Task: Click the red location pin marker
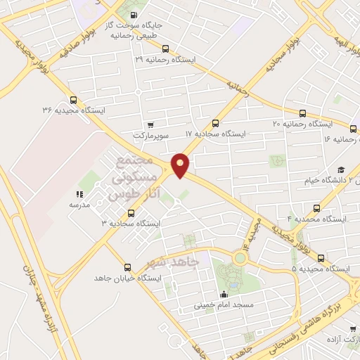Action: pos(181,165)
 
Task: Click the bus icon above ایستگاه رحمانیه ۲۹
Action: pos(165,49)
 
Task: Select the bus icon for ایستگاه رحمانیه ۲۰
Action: pos(303,112)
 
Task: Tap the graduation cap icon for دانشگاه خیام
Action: pos(341,169)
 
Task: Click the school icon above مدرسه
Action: pos(79,194)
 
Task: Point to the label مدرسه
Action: pos(79,205)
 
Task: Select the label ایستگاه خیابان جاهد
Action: pos(128,278)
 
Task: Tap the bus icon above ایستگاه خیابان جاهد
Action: pos(127,267)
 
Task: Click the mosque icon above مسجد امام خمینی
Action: pos(224,295)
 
